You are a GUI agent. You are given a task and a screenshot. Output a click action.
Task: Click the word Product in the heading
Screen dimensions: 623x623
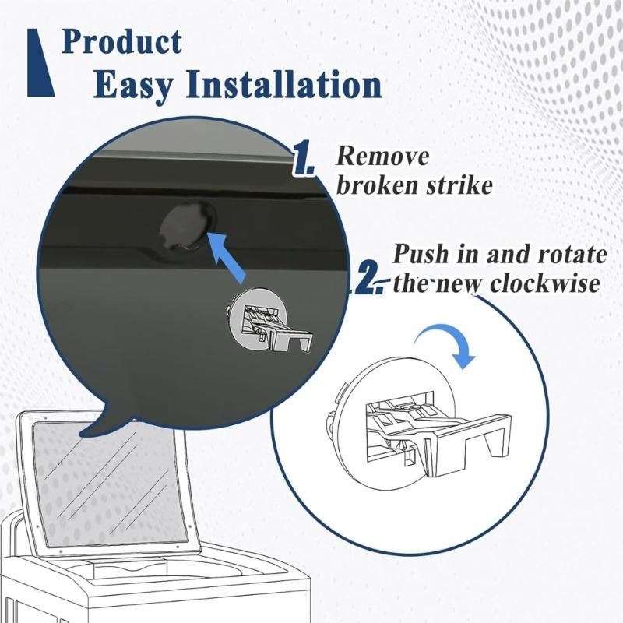(122, 41)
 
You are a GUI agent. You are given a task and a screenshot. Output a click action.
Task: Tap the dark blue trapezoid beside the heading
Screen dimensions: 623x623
(40, 63)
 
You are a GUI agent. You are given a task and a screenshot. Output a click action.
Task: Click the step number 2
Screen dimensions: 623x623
(370, 280)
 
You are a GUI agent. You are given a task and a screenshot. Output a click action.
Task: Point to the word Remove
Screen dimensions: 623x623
(382, 156)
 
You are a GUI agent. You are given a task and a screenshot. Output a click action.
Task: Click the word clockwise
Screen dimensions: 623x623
(544, 283)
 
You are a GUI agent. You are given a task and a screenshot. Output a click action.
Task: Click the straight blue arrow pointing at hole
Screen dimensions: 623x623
(227, 257)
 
